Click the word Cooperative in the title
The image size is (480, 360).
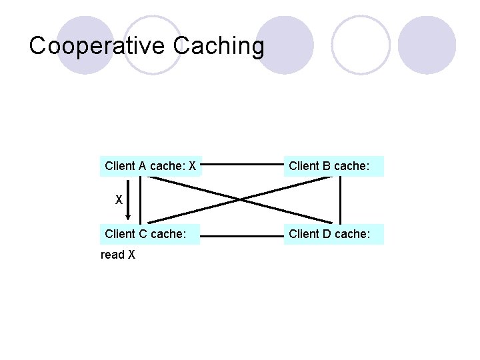pos(97,46)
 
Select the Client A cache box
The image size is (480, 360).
pos(150,166)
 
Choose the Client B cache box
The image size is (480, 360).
pos(334,166)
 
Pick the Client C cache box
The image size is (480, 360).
pos(150,234)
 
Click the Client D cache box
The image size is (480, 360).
pos(334,234)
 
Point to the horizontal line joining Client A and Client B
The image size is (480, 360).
pos(243,163)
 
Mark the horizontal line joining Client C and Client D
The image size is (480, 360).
pos(243,235)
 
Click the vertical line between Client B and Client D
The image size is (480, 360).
pos(341,200)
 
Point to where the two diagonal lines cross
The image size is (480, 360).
pos(241,199)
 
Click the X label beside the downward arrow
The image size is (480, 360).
pos(119,199)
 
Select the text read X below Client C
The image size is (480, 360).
pos(118,255)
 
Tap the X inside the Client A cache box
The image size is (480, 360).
pos(192,166)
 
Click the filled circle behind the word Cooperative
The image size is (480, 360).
pos(85,45)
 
